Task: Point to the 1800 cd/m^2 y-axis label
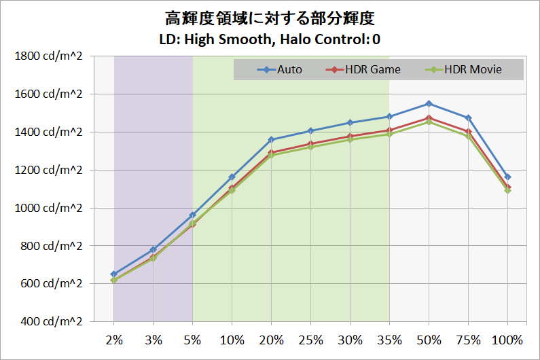pyautogui.click(x=48, y=56)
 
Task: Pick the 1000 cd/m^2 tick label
pyautogui.click(x=48, y=208)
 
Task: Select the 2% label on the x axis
pyautogui.click(x=113, y=339)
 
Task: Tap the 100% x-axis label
pyautogui.click(x=507, y=339)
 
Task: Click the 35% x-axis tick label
pyautogui.click(x=389, y=339)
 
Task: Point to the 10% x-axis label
pyautogui.click(x=232, y=339)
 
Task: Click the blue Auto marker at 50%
pyautogui.click(x=429, y=104)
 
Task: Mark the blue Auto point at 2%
pyautogui.click(x=114, y=274)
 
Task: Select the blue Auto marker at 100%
pyautogui.click(x=507, y=177)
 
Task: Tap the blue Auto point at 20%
pyautogui.click(x=271, y=140)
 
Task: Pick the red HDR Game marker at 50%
pyautogui.click(x=429, y=118)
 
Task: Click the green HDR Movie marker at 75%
pyautogui.click(x=468, y=136)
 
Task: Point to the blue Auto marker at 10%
pyautogui.click(x=232, y=177)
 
